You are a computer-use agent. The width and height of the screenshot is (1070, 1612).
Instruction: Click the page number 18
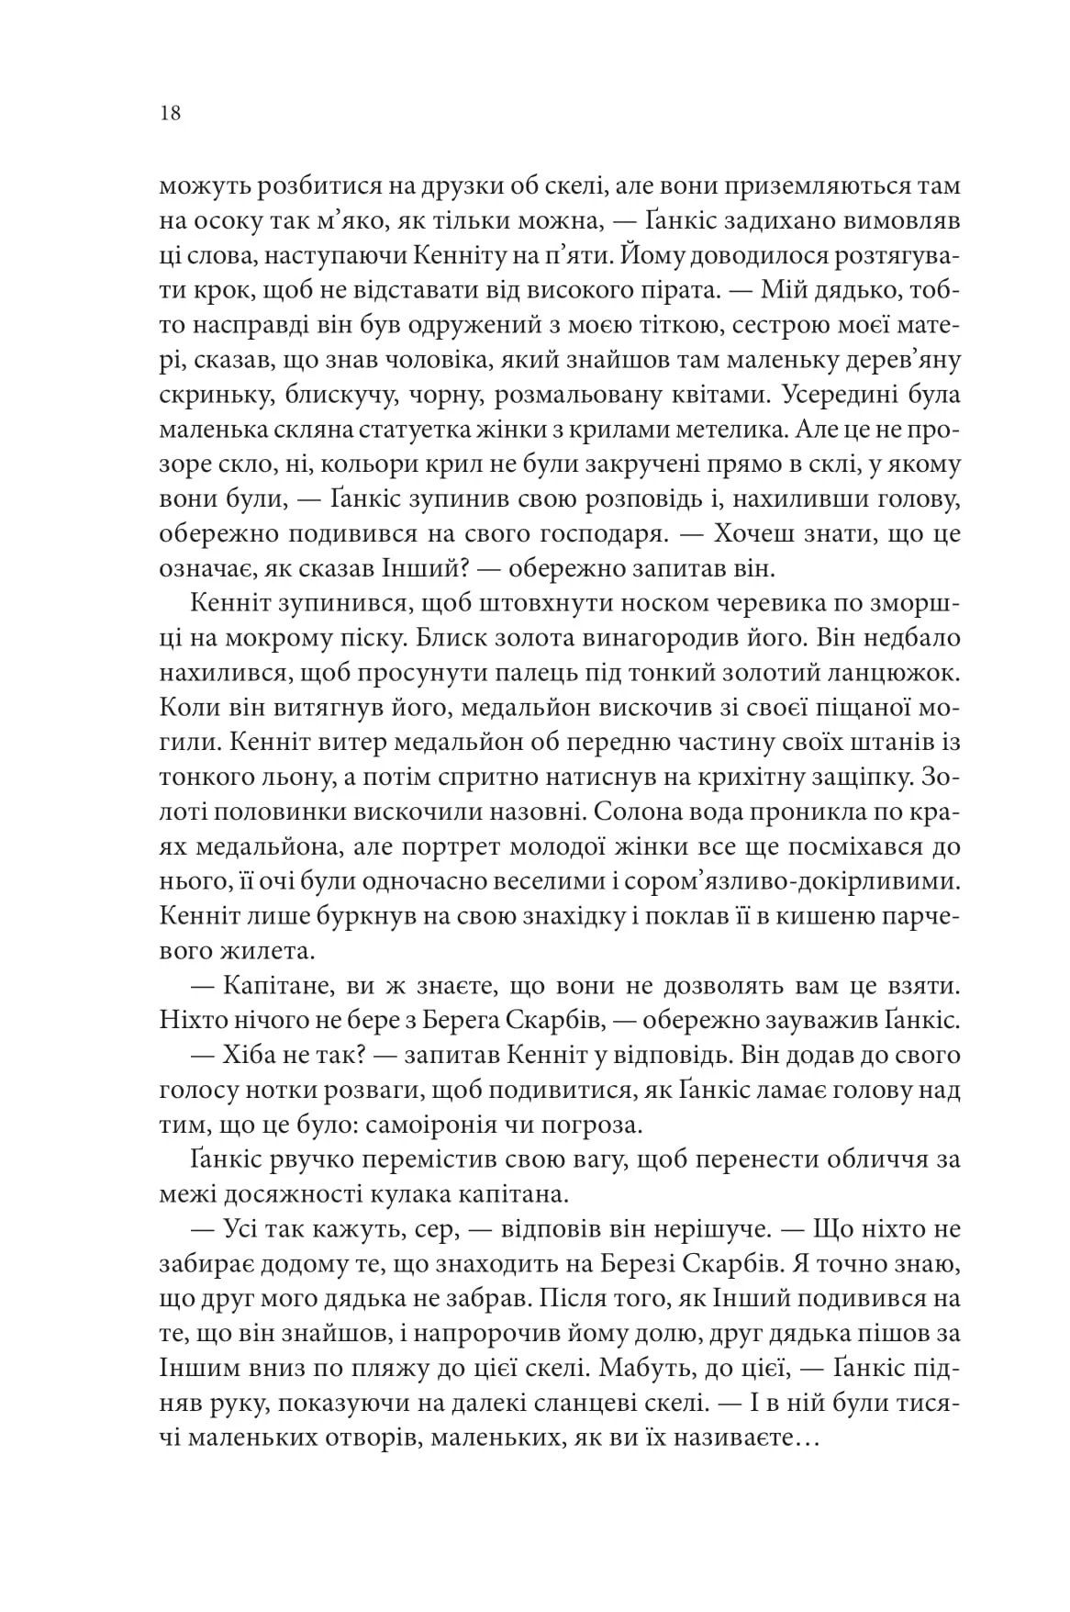coord(170,114)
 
